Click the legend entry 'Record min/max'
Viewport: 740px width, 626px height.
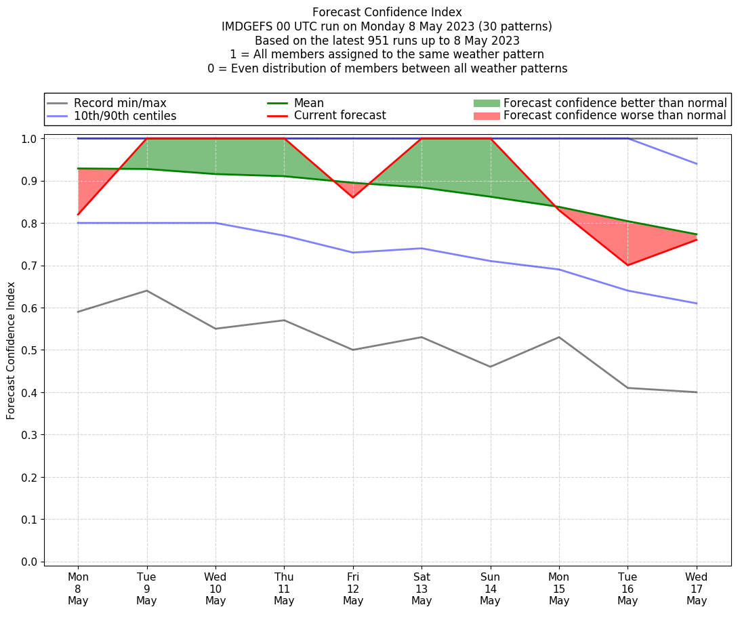[x=120, y=103]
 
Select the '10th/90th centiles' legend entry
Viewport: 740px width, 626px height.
[x=125, y=116]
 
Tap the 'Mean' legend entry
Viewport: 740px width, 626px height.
[x=308, y=103]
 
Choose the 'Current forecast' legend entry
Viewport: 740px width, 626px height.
[x=340, y=116]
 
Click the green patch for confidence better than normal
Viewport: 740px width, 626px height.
[x=486, y=103]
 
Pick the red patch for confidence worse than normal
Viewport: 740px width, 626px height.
[x=486, y=116]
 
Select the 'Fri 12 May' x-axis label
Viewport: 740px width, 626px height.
[x=353, y=589]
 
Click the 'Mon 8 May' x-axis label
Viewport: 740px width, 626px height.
[x=78, y=589]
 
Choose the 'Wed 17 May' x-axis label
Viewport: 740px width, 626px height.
[x=697, y=589]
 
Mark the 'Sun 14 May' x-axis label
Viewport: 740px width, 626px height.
[x=490, y=589]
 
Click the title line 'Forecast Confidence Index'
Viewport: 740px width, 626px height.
[x=387, y=12]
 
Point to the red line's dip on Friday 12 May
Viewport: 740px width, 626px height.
[x=353, y=197]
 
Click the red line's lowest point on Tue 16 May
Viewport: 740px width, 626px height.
[x=628, y=265]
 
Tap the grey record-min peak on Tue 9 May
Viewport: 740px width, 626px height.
[x=146, y=291]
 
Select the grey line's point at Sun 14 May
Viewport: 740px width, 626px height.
[x=490, y=367]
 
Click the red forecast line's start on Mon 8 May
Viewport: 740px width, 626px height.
[x=78, y=214]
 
